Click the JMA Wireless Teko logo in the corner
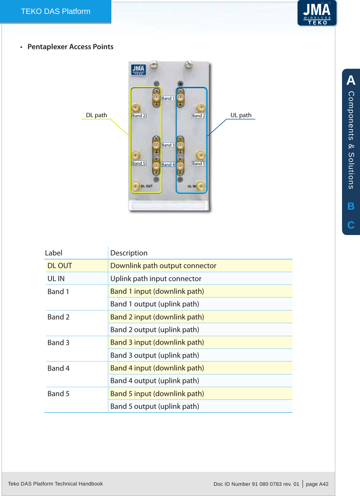(317, 13)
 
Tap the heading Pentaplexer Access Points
(70, 47)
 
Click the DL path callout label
(96, 115)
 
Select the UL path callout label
(241, 115)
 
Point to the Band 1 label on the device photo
(168, 98)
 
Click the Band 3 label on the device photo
(168, 145)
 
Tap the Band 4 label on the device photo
(168, 165)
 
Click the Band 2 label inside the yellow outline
(139, 116)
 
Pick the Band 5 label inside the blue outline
(198, 164)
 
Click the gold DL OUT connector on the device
(135, 186)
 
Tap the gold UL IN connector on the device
(201, 186)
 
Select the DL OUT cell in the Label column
(60, 266)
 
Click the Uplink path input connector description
(156, 279)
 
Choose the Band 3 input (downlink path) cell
(157, 342)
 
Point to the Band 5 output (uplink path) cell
(154, 406)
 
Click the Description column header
(129, 253)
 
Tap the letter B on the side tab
(351, 206)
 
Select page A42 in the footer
(317, 484)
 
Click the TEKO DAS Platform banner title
(56, 11)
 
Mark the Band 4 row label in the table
(58, 368)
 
